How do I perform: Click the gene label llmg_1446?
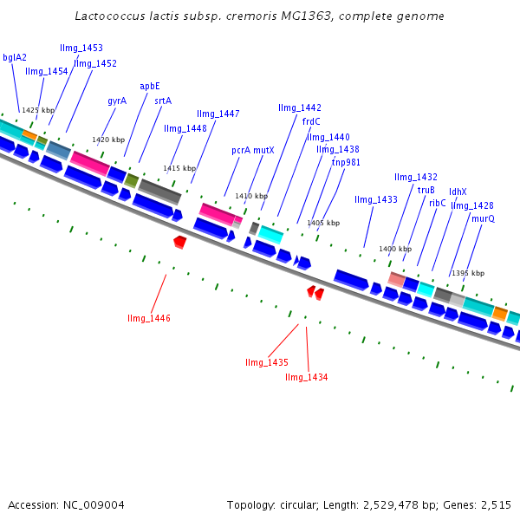tap(148, 319)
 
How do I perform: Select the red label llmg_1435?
tap(266, 362)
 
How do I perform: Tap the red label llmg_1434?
tap(306, 377)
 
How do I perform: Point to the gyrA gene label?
tap(117, 101)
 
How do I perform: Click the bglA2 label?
tap(15, 58)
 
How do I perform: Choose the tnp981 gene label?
tap(346, 162)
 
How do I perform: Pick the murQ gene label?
tap(483, 219)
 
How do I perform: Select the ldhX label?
tap(458, 192)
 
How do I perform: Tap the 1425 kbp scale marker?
tap(38, 111)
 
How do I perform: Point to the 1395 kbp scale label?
tap(468, 273)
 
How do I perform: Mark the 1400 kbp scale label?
tap(395, 250)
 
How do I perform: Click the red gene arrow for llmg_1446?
tap(179, 241)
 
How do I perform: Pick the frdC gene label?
tap(311, 121)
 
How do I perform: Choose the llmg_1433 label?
tap(376, 200)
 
